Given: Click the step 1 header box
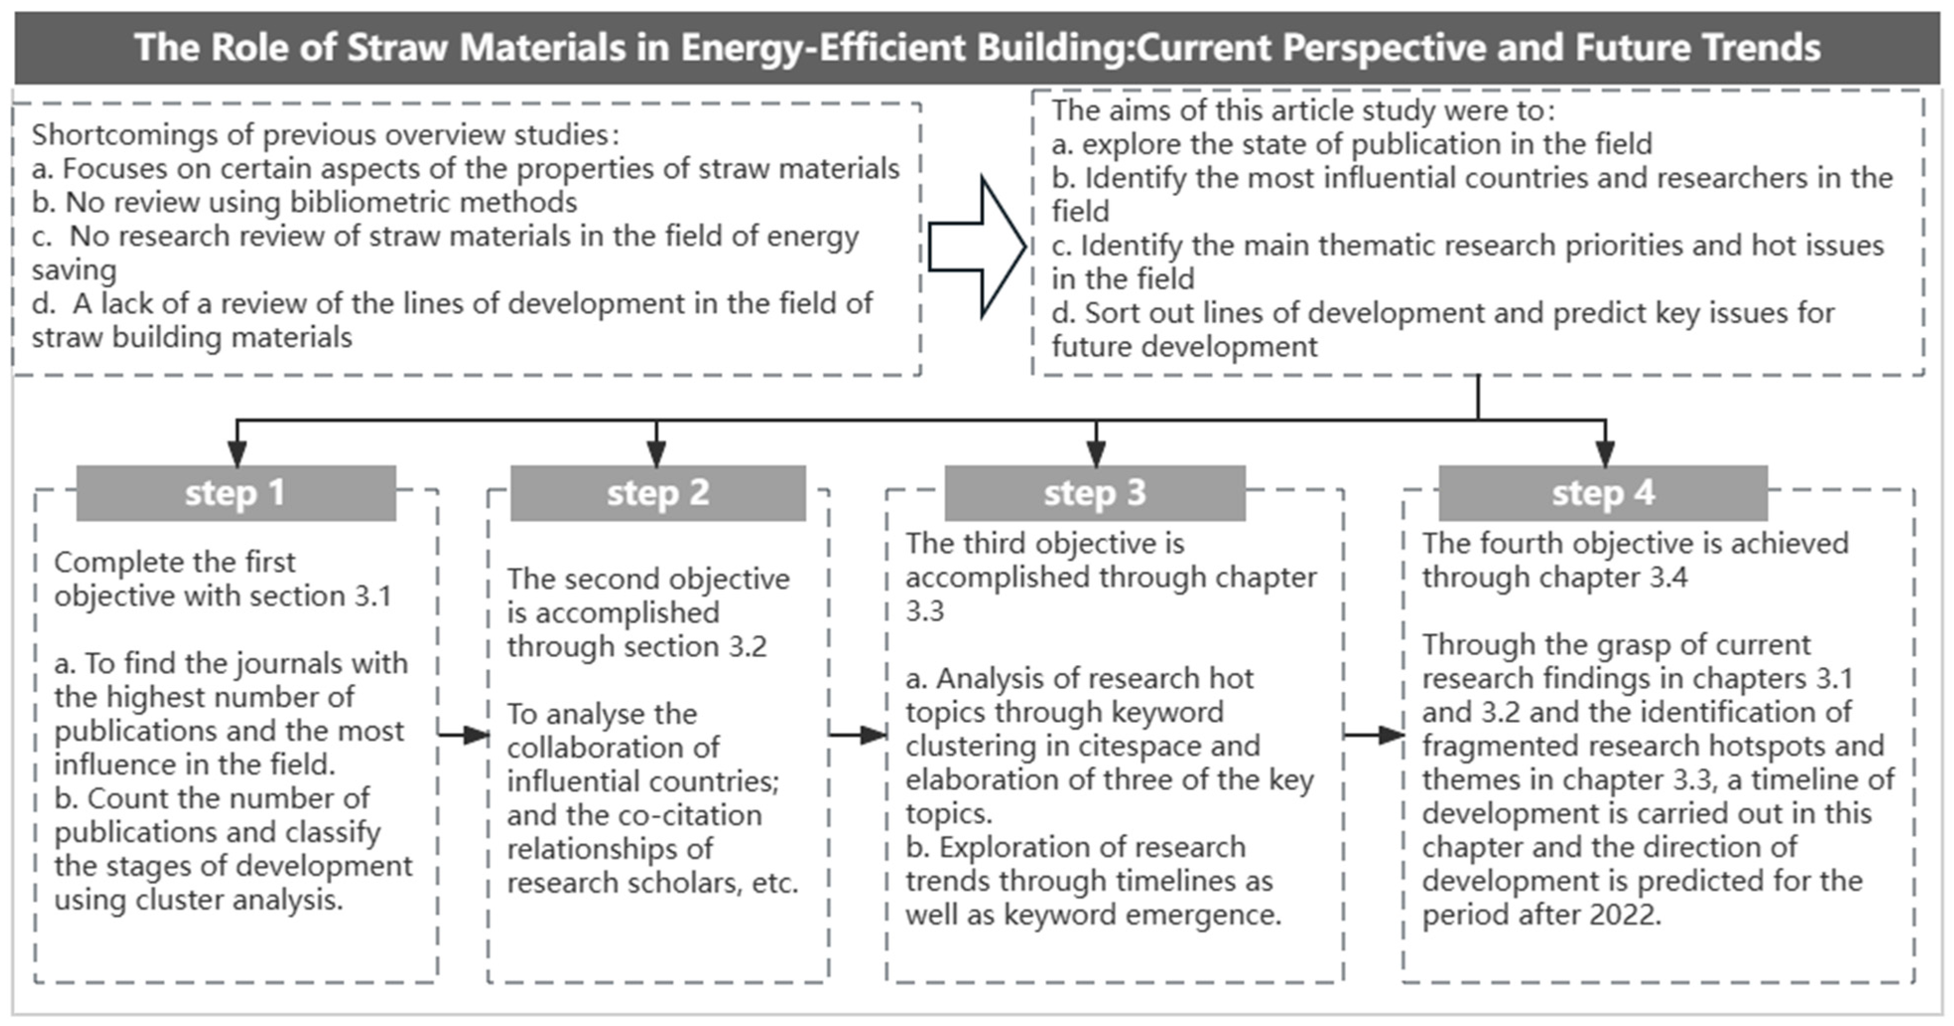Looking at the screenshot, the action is [x=236, y=493].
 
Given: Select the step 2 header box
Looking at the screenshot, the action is [x=658, y=493].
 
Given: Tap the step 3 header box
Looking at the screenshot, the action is [x=1095, y=493].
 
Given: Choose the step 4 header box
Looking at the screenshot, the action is [x=1603, y=493].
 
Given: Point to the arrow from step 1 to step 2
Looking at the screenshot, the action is [x=463, y=735].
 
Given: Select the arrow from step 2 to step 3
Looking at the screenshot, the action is [x=858, y=735].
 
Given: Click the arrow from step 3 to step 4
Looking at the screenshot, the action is [x=1374, y=735].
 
